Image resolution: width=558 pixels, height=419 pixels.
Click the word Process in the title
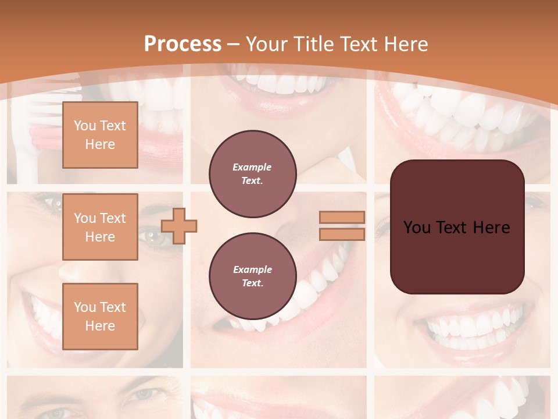click(x=183, y=44)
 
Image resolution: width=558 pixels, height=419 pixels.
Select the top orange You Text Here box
click(x=100, y=135)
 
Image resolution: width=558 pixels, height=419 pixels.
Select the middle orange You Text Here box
click(x=100, y=227)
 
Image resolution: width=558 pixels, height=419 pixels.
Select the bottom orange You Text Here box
click(x=100, y=316)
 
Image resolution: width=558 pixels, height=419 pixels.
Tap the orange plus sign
click(x=179, y=226)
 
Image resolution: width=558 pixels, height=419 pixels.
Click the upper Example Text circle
click(x=252, y=173)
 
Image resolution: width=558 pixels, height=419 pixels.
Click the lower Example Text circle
click(x=252, y=276)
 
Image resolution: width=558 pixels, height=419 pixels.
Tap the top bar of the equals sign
click(x=342, y=217)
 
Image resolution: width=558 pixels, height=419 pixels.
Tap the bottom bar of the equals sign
click(x=342, y=234)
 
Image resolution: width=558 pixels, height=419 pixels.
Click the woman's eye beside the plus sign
click(x=153, y=236)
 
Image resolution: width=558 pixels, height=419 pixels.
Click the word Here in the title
click(x=405, y=44)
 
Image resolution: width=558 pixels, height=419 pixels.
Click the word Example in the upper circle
click(x=252, y=167)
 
